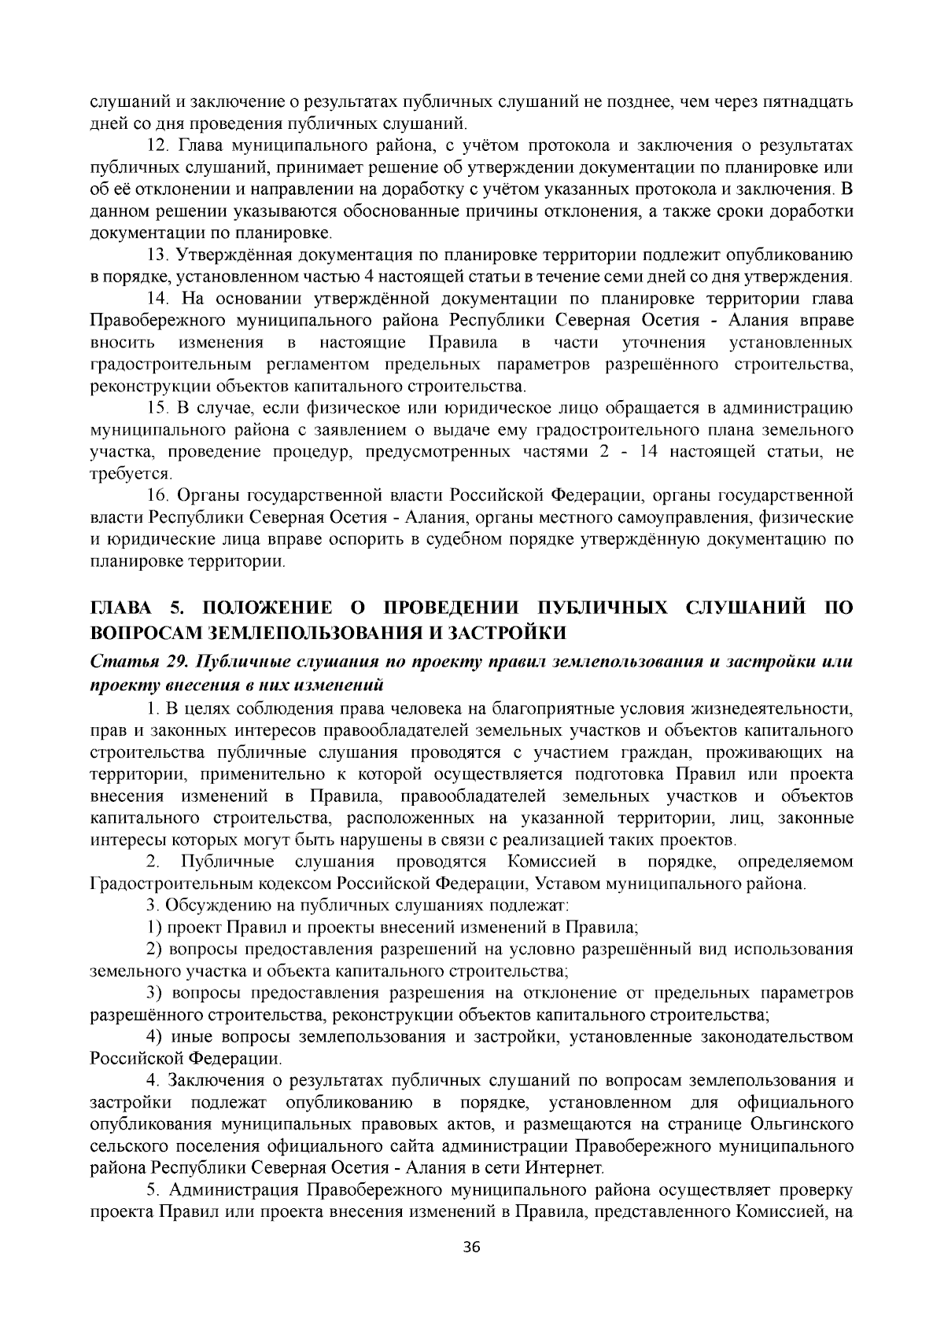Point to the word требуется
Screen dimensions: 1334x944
point(131,474)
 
